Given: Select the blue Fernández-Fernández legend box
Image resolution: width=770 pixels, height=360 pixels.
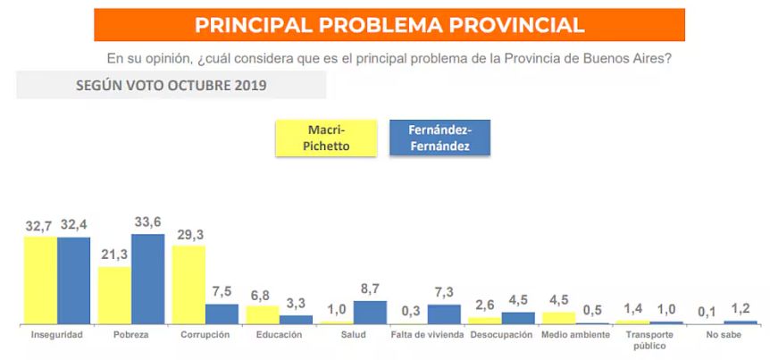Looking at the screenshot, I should [439, 138].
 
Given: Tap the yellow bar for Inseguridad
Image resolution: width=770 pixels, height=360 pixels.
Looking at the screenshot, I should [40, 279].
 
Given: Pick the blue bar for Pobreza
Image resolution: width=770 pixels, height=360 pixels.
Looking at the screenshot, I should [147, 278].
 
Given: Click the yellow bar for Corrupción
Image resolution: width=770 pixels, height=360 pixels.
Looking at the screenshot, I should [188, 284].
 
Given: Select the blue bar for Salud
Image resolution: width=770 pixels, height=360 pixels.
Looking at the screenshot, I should [370, 312].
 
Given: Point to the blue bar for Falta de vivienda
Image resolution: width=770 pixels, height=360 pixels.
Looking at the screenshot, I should [444, 314].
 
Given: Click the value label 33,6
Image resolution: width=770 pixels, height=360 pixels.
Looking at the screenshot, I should [147, 222].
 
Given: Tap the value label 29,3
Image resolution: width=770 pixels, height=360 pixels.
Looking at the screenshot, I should [188, 234].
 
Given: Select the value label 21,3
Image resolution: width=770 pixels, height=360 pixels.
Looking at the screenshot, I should [115, 255].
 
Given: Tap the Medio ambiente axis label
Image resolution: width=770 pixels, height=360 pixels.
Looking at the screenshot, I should [575, 335].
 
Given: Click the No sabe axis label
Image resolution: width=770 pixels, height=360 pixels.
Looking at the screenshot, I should [724, 335].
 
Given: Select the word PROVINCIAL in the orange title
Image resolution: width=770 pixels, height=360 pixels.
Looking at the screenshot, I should [510, 25].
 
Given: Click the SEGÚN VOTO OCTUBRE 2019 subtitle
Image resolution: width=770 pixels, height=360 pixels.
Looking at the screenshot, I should [171, 86].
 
